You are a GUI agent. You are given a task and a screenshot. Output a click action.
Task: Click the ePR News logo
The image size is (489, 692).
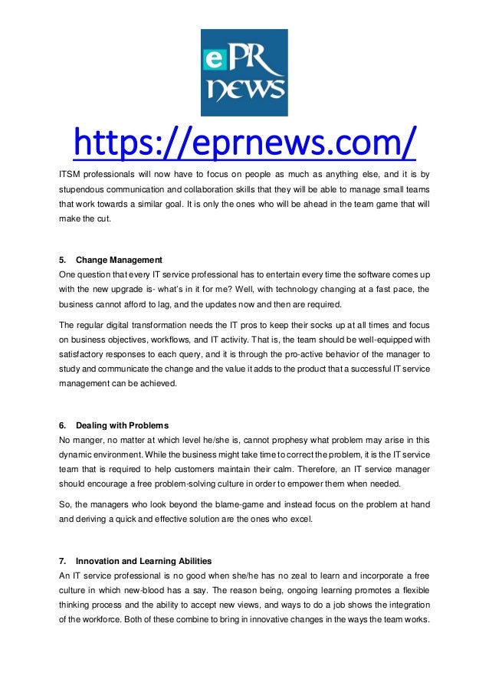tap(244, 73)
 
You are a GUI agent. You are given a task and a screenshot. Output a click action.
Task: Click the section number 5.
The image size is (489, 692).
tap(63, 260)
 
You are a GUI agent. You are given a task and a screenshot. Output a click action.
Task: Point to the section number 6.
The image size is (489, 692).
tap(63, 425)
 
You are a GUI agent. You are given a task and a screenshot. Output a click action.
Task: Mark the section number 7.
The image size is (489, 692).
tap(63, 561)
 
